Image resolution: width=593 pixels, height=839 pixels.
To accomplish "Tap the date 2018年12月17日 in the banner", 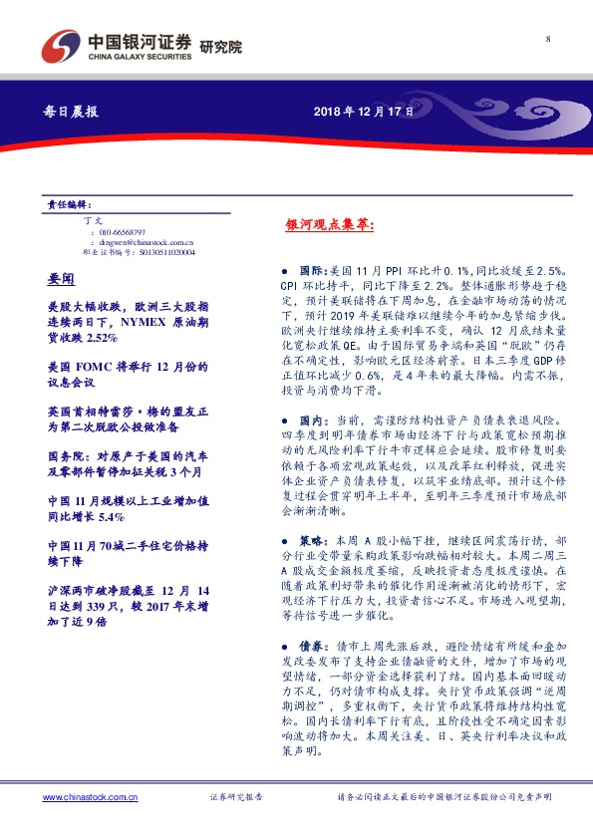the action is pos(371,112).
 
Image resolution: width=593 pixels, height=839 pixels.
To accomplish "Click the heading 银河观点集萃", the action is pos(317,227).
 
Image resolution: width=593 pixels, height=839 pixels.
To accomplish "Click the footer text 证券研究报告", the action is pos(236,797).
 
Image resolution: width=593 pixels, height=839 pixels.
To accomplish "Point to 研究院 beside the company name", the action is pos(220,47).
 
